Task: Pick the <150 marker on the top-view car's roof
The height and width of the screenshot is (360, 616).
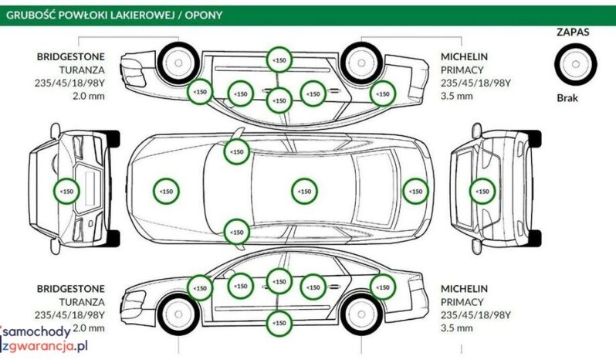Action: pyautogui.click(x=304, y=190)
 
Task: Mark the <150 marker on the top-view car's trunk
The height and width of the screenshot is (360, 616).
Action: pyautogui.click(x=415, y=190)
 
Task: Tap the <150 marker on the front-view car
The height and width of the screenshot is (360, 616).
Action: pyautogui.click(x=66, y=190)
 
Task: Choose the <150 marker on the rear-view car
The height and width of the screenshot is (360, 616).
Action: pyautogui.click(x=482, y=190)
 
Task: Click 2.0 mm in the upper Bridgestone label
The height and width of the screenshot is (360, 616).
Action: pyautogui.click(x=87, y=97)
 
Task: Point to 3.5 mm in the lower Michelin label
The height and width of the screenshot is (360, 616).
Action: pyautogui.click(x=456, y=328)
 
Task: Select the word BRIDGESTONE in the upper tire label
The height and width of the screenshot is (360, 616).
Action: pyautogui.click(x=70, y=57)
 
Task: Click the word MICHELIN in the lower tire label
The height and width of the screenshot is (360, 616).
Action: pyautogui.click(x=465, y=288)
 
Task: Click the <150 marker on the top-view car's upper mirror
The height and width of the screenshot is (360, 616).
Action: pyautogui.click(x=237, y=151)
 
